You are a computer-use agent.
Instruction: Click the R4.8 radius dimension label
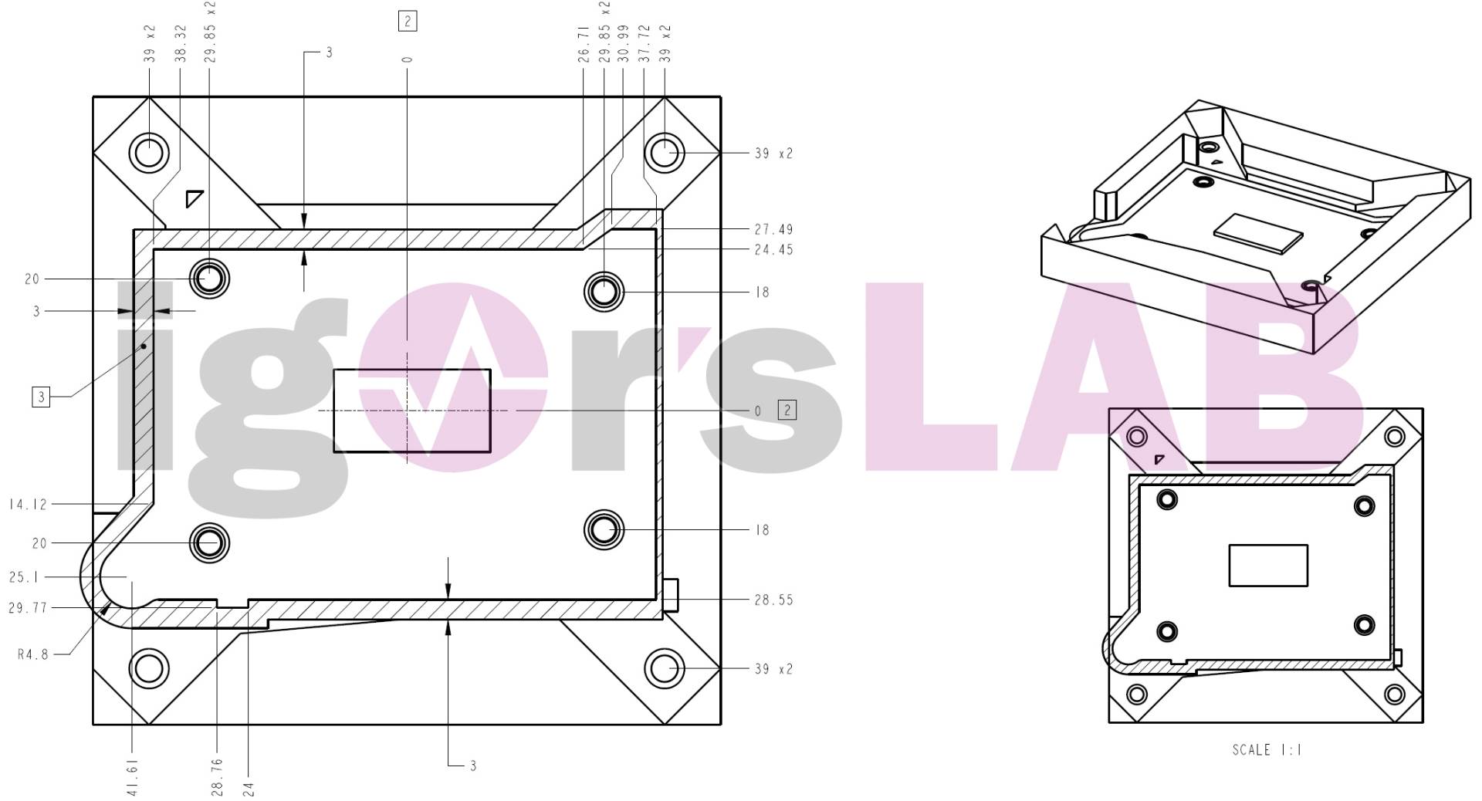(33, 655)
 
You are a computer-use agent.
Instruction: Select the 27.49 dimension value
(773, 230)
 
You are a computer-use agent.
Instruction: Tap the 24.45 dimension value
(773, 250)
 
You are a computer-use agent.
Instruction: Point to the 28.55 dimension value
(773, 600)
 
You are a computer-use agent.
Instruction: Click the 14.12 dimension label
(29, 505)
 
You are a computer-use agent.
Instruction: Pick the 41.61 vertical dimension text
(133, 777)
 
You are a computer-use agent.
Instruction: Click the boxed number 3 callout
(41, 397)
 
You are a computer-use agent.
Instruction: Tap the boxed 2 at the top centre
(408, 21)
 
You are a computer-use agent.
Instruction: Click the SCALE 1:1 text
(1267, 750)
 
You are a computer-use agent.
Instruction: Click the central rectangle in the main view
(411, 411)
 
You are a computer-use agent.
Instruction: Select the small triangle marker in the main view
(193, 198)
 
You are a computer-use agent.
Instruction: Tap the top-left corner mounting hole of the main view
(148, 152)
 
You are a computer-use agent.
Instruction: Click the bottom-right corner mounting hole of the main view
(664, 667)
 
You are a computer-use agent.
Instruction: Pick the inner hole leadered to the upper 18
(604, 292)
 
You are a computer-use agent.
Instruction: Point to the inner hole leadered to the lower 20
(209, 543)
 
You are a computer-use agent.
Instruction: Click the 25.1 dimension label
(25, 577)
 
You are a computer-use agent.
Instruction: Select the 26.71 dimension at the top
(584, 44)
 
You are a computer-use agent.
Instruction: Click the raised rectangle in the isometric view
(1258, 232)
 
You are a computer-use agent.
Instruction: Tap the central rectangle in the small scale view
(1268, 566)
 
